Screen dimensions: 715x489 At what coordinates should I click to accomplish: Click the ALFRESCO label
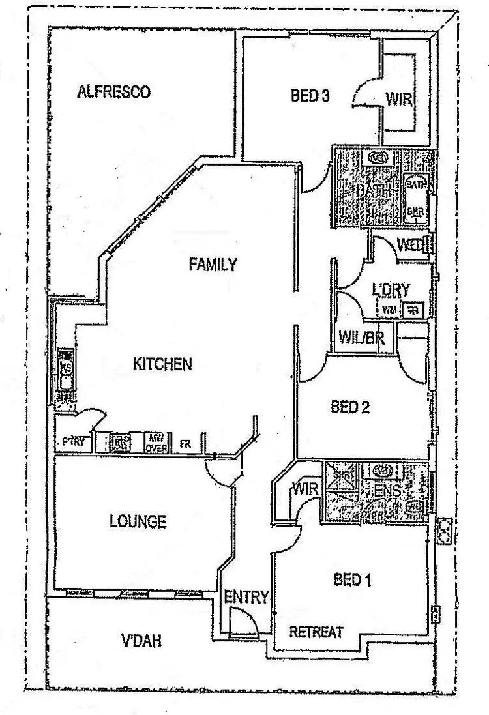point(113,92)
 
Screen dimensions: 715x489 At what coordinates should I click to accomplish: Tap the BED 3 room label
point(310,96)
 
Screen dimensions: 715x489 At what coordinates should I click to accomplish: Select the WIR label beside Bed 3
point(399,100)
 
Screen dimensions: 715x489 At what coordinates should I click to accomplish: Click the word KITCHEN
point(162,364)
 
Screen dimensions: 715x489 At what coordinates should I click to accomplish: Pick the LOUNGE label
point(138,521)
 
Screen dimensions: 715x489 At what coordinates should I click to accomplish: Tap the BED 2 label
point(350,408)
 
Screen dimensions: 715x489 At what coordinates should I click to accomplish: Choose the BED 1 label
point(352,579)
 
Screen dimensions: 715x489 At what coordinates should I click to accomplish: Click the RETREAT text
point(316,632)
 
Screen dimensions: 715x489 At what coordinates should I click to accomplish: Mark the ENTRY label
point(246,596)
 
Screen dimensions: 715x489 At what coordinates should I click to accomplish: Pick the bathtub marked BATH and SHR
point(415,197)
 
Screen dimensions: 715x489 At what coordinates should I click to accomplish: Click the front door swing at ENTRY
point(244,622)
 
